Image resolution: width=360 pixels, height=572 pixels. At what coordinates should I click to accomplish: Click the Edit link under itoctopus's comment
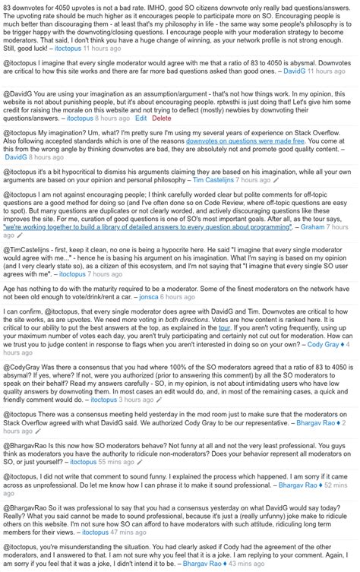point(141,119)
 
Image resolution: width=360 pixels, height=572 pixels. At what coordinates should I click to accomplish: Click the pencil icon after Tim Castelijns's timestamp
point(276,181)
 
